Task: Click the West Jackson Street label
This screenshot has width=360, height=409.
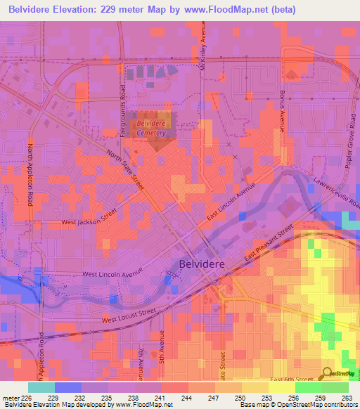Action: point(89,221)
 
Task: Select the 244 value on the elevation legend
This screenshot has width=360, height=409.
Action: point(187,398)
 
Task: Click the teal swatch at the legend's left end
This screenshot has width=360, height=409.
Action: point(41,387)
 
